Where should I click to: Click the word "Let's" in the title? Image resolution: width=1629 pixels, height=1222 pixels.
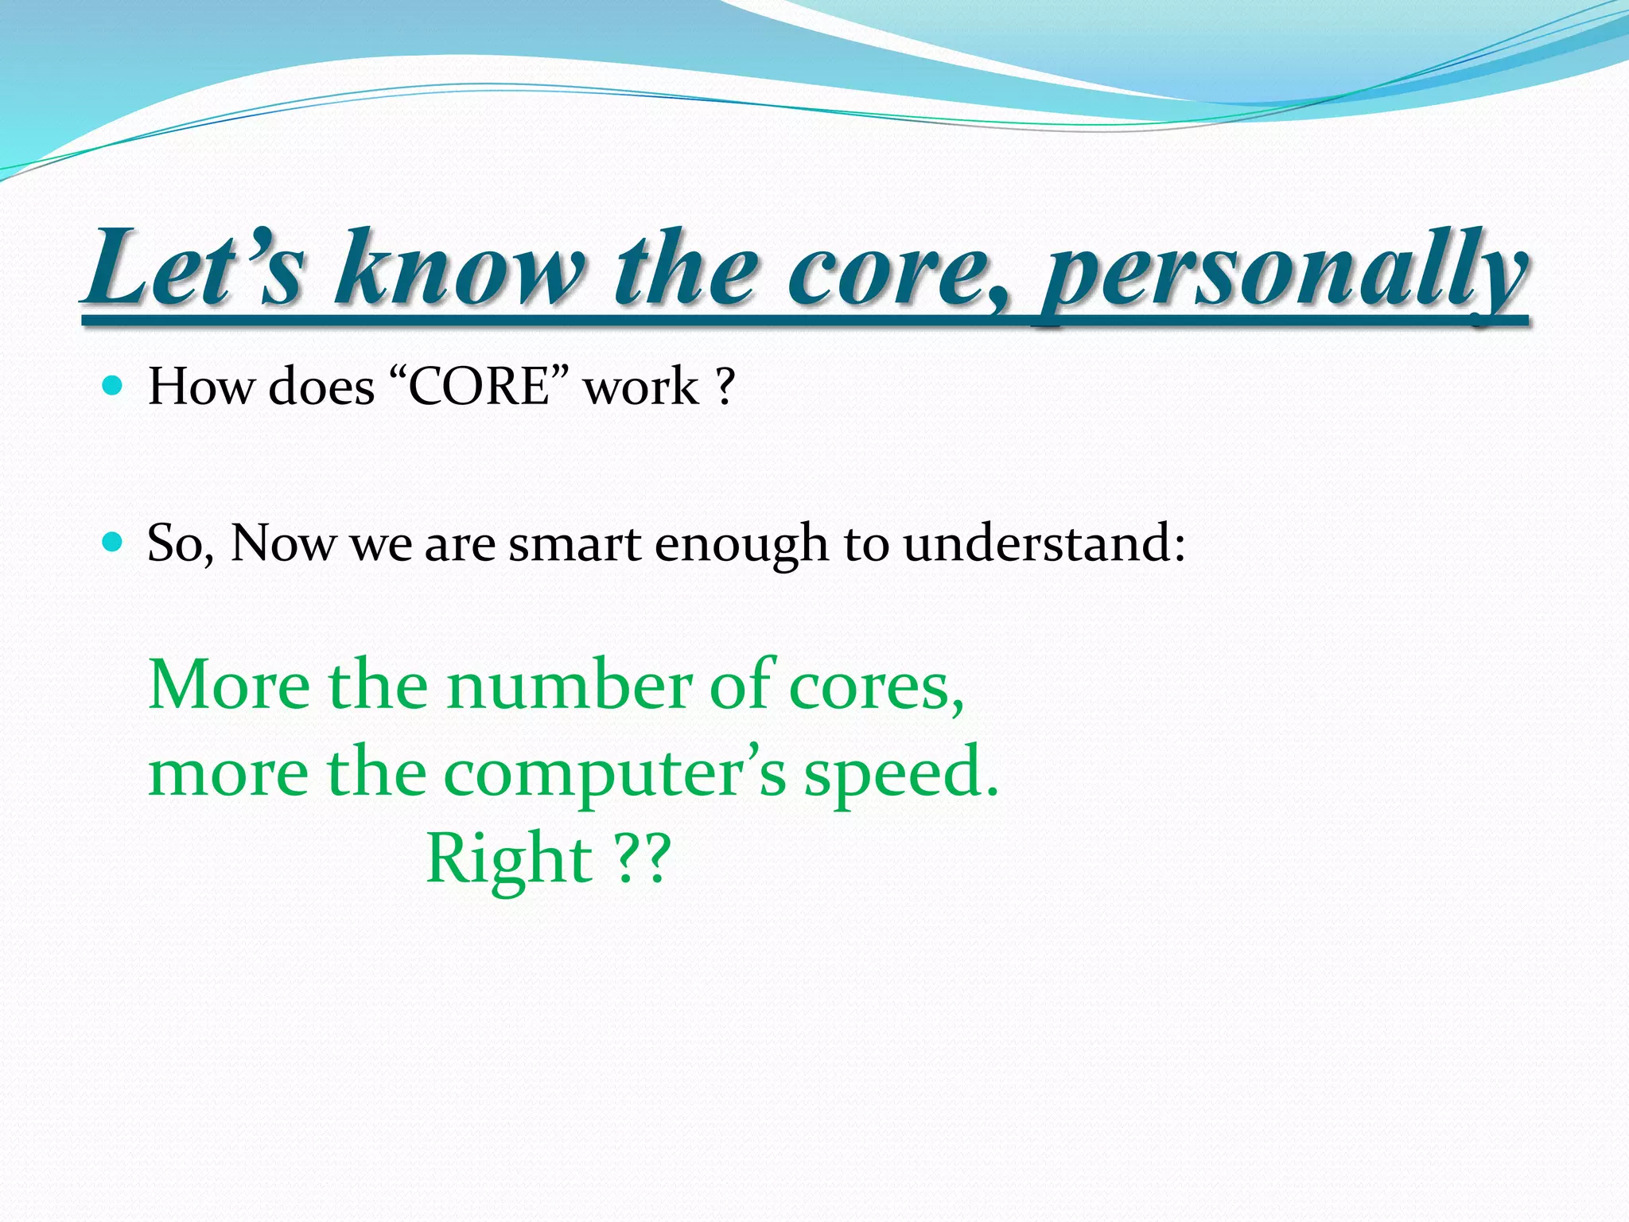(x=195, y=268)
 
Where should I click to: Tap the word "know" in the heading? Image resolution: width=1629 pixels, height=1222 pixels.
(x=459, y=268)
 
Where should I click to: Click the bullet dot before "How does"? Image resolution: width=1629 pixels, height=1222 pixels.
(x=112, y=387)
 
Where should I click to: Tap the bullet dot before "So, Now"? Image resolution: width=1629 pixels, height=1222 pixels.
(x=112, y=543)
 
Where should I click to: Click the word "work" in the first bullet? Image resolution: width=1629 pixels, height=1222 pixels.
(x=640, y=387)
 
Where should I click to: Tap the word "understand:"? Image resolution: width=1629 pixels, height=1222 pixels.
(x=1044, y=544)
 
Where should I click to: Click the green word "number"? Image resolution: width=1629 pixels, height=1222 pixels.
(x=569, y=685)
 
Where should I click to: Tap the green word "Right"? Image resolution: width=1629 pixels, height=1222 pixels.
(x=509, y=861)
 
